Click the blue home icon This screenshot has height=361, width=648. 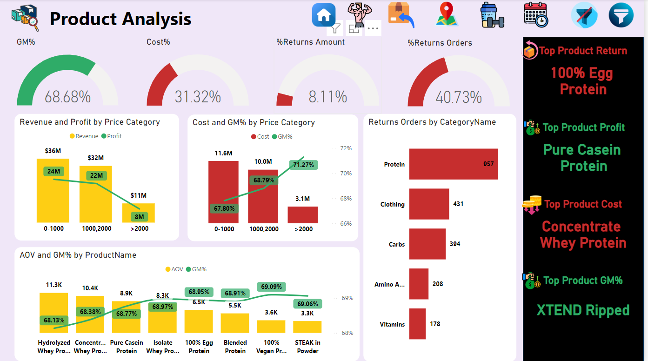[x=324, y=15]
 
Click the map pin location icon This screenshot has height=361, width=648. [x=447, y=14]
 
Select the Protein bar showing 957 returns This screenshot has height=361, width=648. [x=453, y=164]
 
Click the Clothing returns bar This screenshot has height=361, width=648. [x=429, y=204]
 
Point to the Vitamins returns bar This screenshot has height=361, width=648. [x=417, y=324]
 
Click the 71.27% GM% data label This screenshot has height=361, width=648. [x=303, y=165]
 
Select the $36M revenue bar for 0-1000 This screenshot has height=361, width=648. [x=53, y=191]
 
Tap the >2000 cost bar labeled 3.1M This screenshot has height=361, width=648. [x=302, y=215]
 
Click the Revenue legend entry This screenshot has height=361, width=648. [x=84, y=136]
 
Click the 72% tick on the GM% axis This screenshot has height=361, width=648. [x=346, y=148]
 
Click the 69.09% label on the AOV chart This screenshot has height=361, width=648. [x=272, y=287]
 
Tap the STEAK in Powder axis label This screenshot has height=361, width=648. [x=307, y=347]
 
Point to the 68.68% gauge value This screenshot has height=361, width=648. [x=67, y=97]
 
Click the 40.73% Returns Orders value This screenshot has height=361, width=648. [x=458, y=98]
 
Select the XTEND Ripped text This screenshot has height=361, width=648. [x=583, y=310]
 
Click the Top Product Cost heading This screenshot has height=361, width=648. [x=583, y=204]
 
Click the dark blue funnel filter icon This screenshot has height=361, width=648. [x=621, y=15]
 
